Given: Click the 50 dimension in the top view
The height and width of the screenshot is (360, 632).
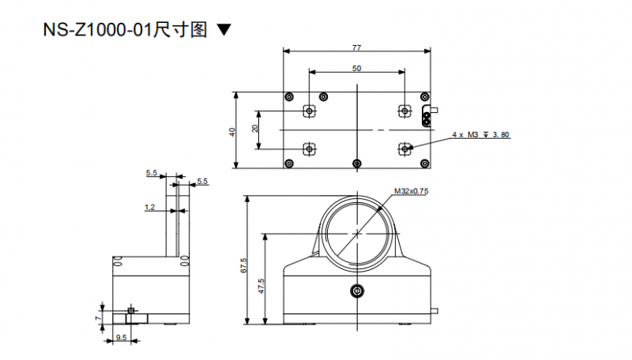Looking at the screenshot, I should [x=357, y=69].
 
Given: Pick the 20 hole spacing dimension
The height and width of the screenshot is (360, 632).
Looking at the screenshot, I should [x=255, y=129].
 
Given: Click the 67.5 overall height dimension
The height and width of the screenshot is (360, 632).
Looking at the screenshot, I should [x=243, y=266].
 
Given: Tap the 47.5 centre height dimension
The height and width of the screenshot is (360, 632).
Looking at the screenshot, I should [x=261, y=285].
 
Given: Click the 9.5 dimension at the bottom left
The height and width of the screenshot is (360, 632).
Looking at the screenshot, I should [x=122, y=338].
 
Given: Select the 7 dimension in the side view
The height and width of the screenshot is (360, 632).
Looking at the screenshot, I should [x=98, y=317].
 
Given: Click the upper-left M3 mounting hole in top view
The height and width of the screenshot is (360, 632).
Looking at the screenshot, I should [x=310, y=111].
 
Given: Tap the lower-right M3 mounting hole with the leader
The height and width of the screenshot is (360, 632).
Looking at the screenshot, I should [x=404, y=148].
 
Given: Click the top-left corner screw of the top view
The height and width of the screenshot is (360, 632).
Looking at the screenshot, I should [x=289, y=96].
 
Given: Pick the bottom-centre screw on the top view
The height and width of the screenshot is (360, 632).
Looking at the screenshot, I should [x=358, y=163].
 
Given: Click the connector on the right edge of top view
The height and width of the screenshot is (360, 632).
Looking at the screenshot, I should [x=429, y=115].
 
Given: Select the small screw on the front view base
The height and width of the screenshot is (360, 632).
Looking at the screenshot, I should [x=358, y=291].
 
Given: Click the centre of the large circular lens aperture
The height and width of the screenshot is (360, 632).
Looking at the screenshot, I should [x=358, y=233].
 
